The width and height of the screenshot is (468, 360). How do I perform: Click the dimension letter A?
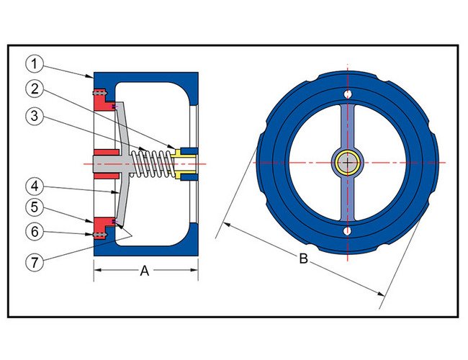144,271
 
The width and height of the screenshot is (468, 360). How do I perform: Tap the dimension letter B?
303,258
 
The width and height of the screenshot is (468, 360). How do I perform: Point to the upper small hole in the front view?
347,94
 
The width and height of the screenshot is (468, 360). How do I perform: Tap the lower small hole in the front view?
347,231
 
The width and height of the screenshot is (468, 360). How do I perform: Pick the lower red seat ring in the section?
104,225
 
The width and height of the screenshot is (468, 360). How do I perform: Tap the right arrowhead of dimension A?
195,271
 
